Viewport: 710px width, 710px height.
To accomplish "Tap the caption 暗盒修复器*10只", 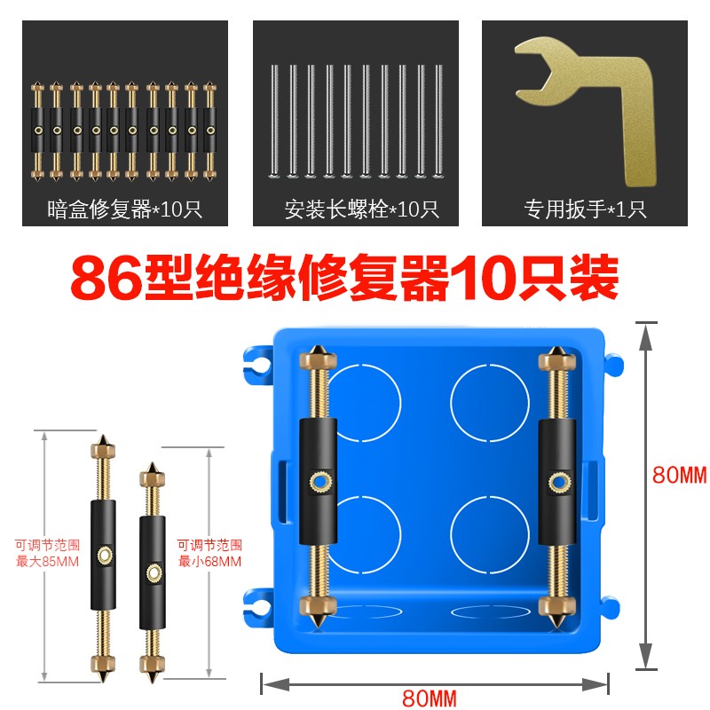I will [x=123, y=210].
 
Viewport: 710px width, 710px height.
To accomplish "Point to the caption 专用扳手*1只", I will [x=585, y=210].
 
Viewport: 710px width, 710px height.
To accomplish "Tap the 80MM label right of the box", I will [x=679, y=475].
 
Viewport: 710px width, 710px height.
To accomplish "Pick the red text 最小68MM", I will [x=209, y=561].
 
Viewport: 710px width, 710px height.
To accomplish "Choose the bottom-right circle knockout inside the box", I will [x=486, y=530].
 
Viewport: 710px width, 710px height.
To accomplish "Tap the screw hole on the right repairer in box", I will [x=559, y=483].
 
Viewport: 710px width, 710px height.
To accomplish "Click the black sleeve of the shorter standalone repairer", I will [x=154, y=573].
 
